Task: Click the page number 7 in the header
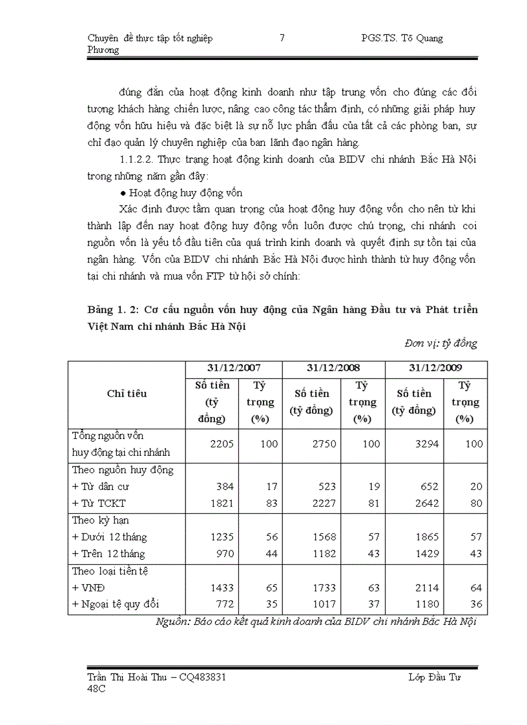[x=282, y=38]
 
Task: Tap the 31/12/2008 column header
[x=333, y=367]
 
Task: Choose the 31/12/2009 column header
[x=435, y=367]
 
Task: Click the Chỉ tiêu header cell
[x=127, y=393]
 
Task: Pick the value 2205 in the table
[x=222, y=444]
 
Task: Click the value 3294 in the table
[x=426, y=444]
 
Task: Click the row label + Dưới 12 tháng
[x=109, y=537]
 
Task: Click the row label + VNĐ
[x=93, y=587]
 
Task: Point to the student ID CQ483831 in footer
[x=203, y=677]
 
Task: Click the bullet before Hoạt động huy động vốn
[x=123, y=193]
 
